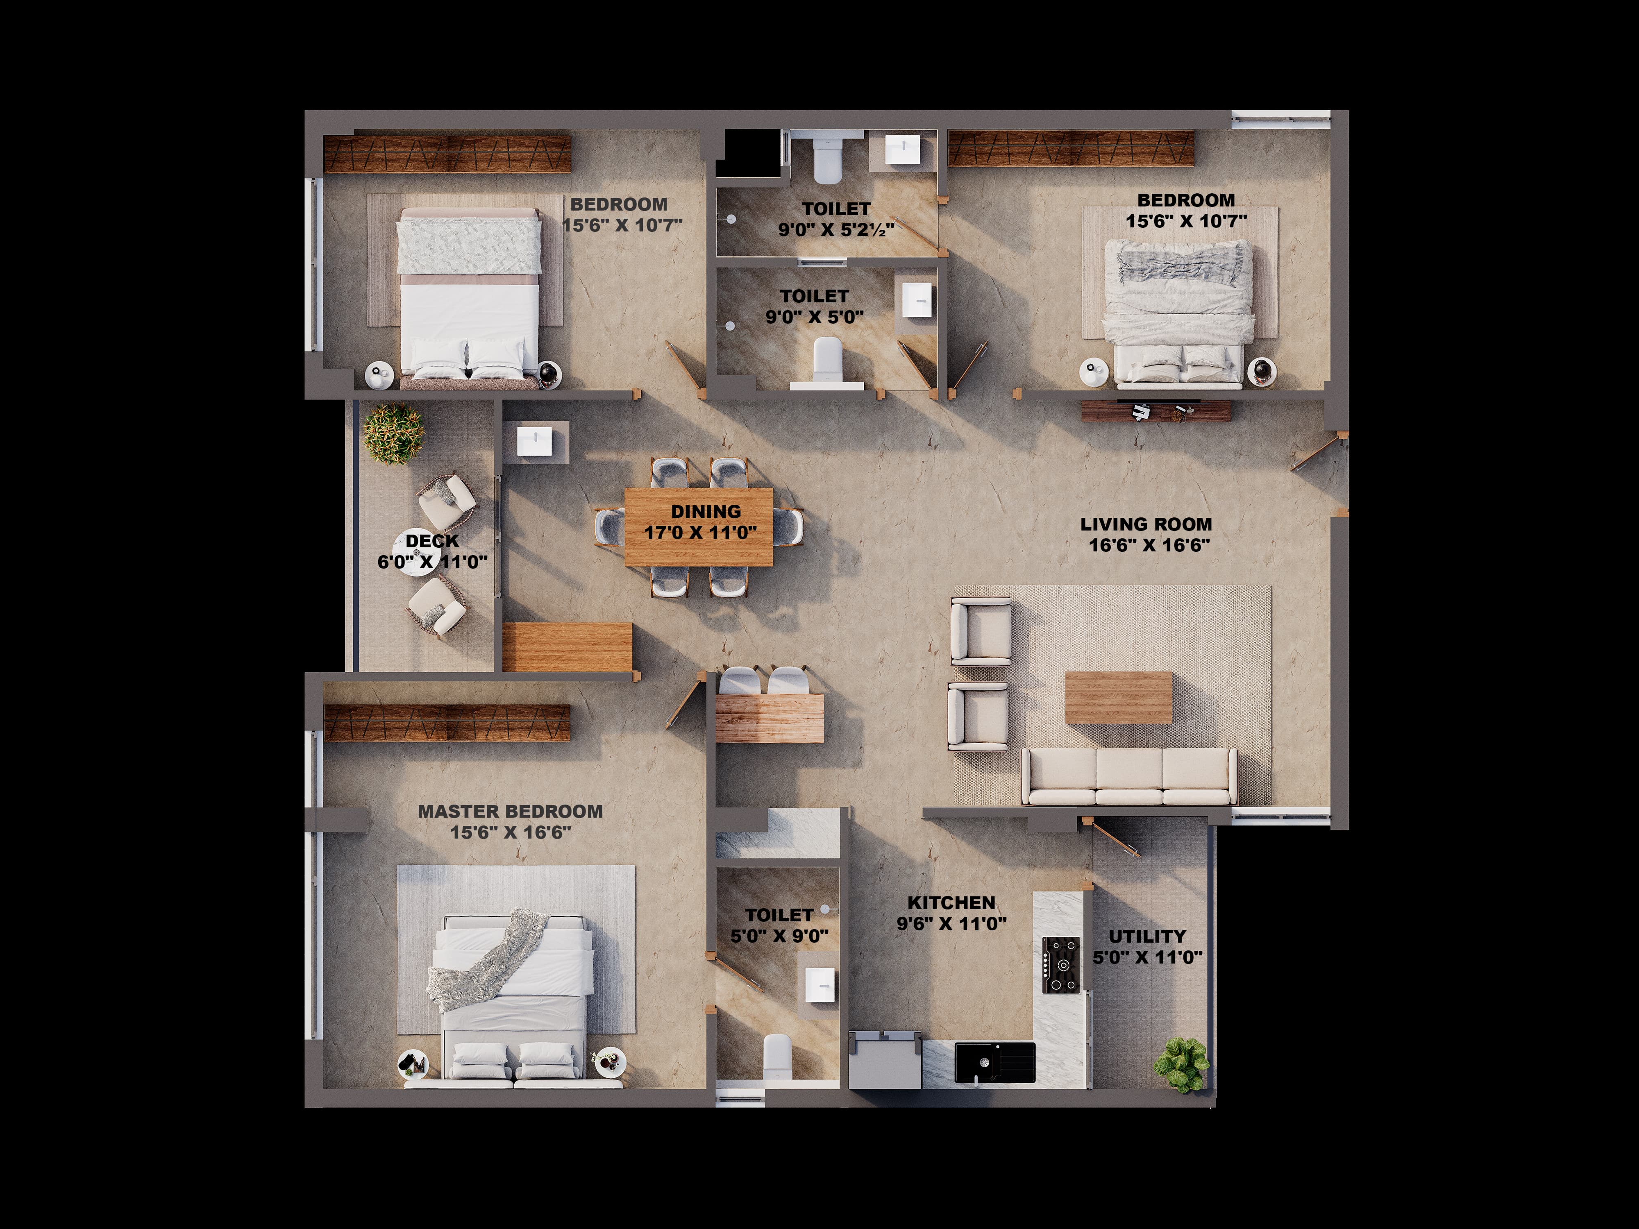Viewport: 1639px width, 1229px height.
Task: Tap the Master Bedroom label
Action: (x=511, y=812)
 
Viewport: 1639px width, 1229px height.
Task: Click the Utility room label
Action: (x=1147, y=936)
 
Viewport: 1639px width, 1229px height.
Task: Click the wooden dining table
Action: (x=699, y=527)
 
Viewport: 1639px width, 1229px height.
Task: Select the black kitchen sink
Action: (x=994, y=1061)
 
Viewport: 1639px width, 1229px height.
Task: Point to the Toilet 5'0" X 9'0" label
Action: (x=779, y=926)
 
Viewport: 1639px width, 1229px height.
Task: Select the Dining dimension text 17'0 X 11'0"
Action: (x=700, y=533)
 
